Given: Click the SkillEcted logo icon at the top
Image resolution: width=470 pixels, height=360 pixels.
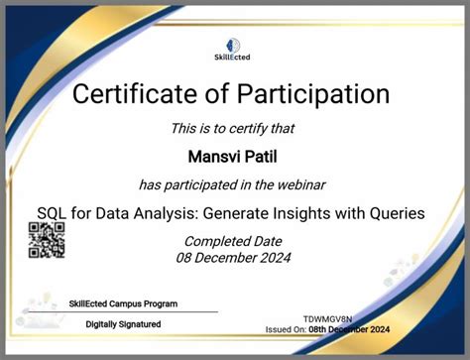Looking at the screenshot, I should [235, 45].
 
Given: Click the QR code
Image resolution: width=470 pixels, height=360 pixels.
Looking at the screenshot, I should [46, 240].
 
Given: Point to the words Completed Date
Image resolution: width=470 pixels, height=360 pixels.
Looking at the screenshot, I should [234, 241].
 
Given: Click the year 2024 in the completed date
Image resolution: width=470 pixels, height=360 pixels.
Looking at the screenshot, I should [271, 258].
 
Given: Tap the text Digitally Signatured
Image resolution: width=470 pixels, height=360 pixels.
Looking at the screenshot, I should [123, 324].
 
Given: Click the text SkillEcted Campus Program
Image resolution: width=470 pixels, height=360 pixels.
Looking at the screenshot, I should [123, 303].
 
